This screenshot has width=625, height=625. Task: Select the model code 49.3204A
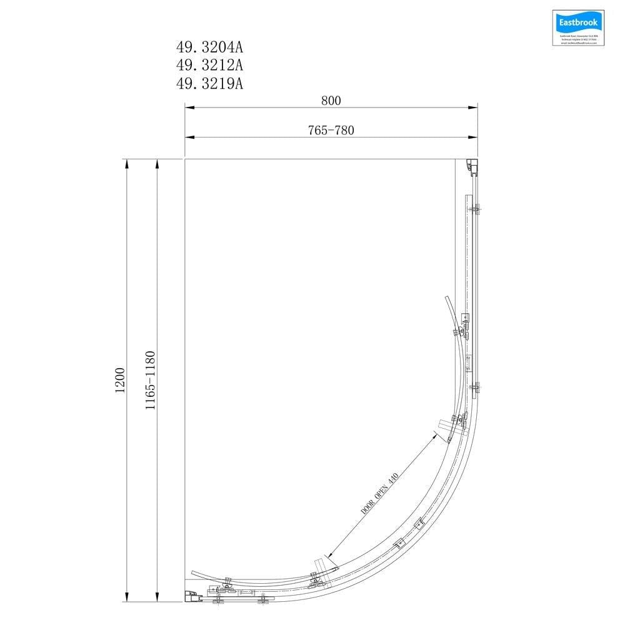(x=209, y=47)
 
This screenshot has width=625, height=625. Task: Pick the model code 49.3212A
(x=209, y=65)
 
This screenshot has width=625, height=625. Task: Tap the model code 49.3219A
(x=209, y=83)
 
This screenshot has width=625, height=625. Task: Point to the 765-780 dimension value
(x=331, y=130)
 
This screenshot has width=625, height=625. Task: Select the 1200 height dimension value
(x=120, y=380)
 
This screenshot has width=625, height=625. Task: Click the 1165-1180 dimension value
(x=150, y=380)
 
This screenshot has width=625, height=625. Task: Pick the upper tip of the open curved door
(x=446, y=297)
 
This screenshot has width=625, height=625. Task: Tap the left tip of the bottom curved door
(x=192, y=572)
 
